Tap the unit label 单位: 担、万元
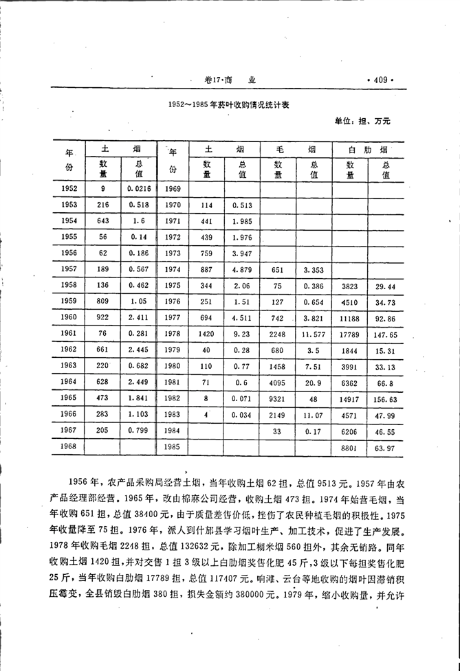coord(362,121)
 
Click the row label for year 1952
coord(69,188)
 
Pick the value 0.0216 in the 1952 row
coord(138,188)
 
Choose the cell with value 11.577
coord(313,334)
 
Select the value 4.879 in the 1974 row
coord(242,269)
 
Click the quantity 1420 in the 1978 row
coord(206,334)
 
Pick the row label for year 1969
coord(173,188)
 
